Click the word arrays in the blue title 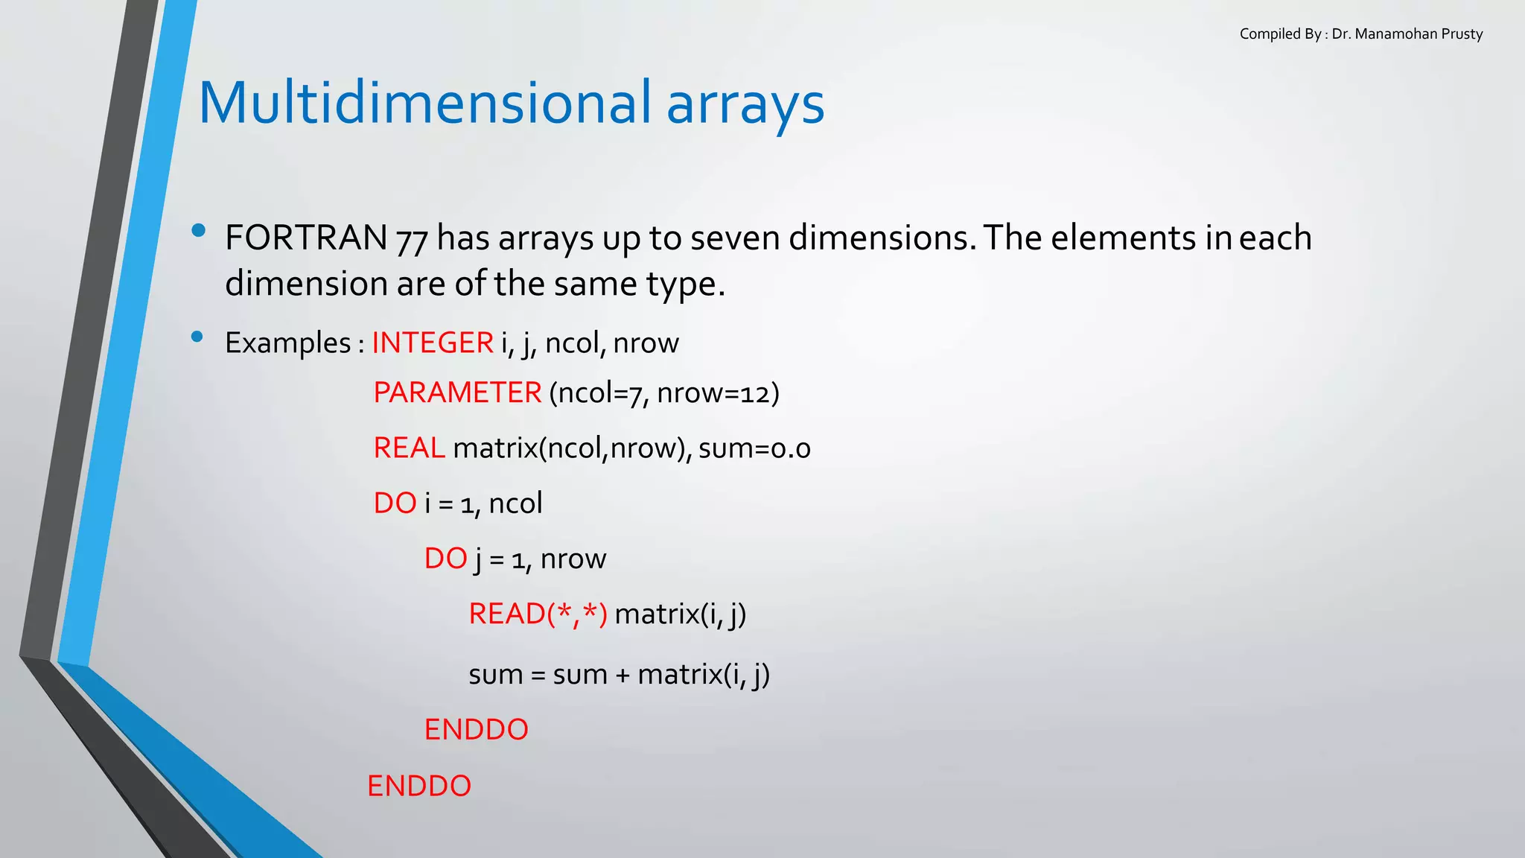tap(745, 104)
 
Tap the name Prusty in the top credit tap(1459, 34)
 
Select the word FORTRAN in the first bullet tap(305, 238)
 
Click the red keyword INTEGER tap(432, 343)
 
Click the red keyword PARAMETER tap(456, 393)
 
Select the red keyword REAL tap(409, 448)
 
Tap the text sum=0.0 tap(754, 448)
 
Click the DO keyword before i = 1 tap(395, 503)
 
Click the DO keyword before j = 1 tap(445, 559)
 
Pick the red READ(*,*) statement tap(538, 614)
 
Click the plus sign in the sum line tap(622, 676)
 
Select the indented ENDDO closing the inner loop tap(476, 729)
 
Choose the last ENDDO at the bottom tap(419, 786)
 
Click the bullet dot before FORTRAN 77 tap(198, 230)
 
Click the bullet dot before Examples tap(197, 337)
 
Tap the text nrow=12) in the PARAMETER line tap(717, 393)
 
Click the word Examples tap(287, 343)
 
